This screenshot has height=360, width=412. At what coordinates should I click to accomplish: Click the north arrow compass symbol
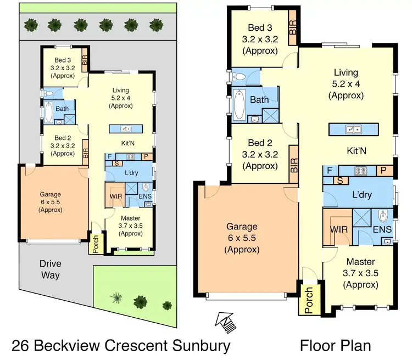coord(226,322)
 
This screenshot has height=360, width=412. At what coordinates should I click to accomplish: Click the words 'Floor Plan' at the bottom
coord(335,345)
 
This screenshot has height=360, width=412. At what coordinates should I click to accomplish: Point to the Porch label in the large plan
coord(309,300)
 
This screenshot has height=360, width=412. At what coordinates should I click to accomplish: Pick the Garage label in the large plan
coord(242,226)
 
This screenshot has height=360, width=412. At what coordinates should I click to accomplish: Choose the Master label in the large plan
coord(360,262)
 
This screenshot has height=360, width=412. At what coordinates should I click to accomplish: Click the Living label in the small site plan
coord(120,91)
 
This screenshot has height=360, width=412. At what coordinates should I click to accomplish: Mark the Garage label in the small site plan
coord(50,194)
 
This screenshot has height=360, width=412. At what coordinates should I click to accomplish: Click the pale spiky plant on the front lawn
coord(116,297)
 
